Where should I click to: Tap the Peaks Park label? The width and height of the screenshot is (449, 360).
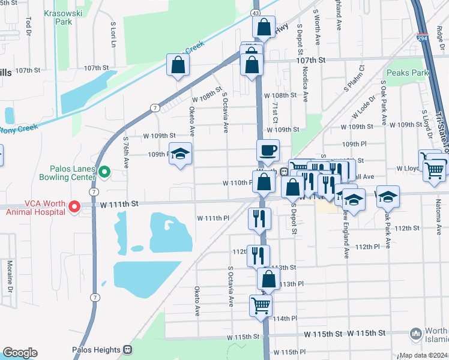tap(408, 73)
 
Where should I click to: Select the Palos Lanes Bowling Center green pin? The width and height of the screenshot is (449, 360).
tap(104, 172)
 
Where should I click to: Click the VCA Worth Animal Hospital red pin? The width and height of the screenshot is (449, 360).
tap(75, 207)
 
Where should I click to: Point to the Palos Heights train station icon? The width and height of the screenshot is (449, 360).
tap(127, 349)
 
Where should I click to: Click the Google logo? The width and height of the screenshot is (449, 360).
tap(20, 353)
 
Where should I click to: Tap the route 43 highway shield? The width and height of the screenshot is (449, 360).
tap(256, 12)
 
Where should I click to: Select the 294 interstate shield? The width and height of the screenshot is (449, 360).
tap(423, 37)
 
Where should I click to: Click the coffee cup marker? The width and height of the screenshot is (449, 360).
tap(268, 150)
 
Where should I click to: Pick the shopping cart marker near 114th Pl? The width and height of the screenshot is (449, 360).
tap(261, 305)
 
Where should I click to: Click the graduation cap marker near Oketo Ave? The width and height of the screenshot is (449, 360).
tap(179, 155)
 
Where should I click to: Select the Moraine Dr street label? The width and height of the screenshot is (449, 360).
tap(10, 281)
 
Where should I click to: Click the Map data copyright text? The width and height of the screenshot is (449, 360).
tap(424, 355)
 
